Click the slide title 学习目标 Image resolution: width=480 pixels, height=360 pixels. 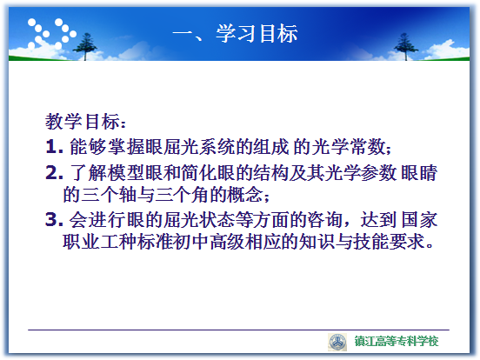(257, 33)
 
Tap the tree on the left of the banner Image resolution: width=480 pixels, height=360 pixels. (85, 46)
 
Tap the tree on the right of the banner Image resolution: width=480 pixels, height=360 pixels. (405, 46)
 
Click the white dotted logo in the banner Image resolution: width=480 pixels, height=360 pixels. (51, 34)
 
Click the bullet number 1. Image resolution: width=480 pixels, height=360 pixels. (54, 147)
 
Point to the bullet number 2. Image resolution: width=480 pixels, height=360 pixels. (54, 173)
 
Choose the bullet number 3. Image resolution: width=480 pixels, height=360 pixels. (54, 219)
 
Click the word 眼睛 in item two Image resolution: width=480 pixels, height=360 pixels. (419, 173)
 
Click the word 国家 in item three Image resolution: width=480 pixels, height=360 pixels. (419, 219)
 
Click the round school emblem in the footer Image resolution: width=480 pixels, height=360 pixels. (337, 342)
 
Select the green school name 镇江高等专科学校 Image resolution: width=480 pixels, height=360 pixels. (397, 341)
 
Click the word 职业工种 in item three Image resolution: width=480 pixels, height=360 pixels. (99, 242)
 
